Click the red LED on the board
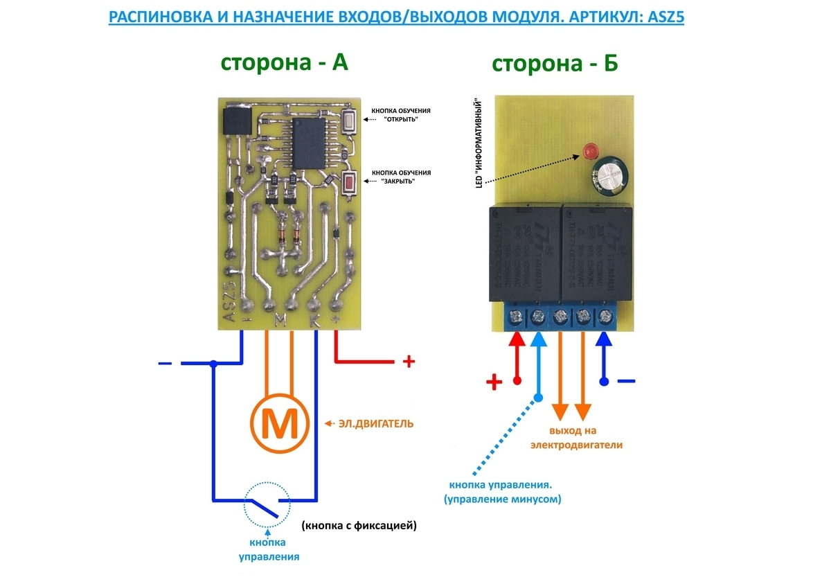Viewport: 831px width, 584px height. pyautogui.click(x=590, y=150)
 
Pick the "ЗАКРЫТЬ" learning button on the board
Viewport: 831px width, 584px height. pyautogui.click(x=350, y=184)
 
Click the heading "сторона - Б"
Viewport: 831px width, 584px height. pyautogui.click(x=555, y=64)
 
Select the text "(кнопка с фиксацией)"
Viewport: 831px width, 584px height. pyautogui.click(x=359, y=526)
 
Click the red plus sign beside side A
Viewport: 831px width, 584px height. pyautogui.click(x=409, y=362)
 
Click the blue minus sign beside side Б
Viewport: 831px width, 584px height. pyautogui.click(x=625, y=380)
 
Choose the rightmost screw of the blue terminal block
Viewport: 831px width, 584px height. pyautogui.click(x=605, y=318)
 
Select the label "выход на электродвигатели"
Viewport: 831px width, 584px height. pyautogui.click(x=576, y=438)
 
